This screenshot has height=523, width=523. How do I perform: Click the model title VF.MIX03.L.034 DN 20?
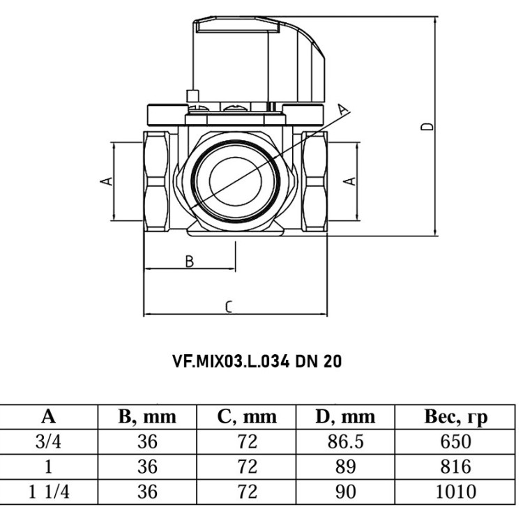257,361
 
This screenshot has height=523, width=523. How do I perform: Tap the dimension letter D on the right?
427,126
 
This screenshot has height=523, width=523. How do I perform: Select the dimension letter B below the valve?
190,261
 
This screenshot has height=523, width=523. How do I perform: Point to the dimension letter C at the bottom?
229,307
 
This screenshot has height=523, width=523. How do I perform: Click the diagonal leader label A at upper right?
343,109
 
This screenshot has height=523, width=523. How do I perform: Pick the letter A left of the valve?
107,181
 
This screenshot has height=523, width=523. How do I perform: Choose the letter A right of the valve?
349,181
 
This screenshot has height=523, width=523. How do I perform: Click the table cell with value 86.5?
345,441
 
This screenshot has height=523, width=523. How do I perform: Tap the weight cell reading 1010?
455,492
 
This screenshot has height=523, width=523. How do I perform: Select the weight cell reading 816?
455,467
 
